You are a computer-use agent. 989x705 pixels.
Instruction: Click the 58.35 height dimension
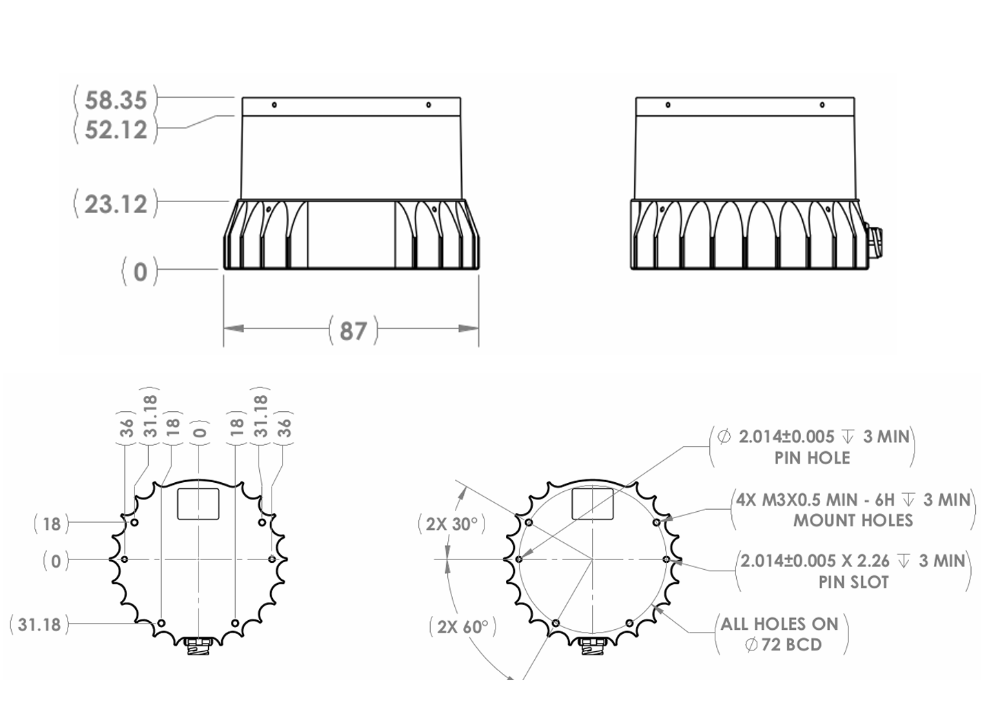pos(116,100)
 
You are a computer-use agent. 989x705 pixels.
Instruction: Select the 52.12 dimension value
pos(116,130)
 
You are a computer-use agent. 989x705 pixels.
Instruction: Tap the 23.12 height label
pos(116,204)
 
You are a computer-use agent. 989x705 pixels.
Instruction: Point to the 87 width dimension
pos(353,330)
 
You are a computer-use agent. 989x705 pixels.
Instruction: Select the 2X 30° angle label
pos(451,524)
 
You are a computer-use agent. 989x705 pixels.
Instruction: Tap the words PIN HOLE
pos(812,458)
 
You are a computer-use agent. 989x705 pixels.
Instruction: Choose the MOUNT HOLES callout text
pos(853,520)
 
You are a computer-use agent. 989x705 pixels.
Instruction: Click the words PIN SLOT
pos(853,582)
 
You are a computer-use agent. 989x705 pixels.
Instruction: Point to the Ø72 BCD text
pos(783,645)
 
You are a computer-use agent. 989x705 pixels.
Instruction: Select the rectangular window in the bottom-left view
pos(198,503)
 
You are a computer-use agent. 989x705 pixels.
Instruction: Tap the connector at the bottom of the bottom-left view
pos(198,646)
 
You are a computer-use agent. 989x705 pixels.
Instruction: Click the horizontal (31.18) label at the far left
pos(39,625)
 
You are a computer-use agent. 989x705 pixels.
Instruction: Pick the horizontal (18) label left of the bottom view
pos(52,524)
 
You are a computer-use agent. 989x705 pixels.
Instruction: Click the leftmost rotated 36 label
pos(127,428)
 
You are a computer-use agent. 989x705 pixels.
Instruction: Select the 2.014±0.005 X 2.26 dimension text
pos(815,561)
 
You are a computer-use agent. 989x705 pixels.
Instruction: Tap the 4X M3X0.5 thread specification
pos(787,499)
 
